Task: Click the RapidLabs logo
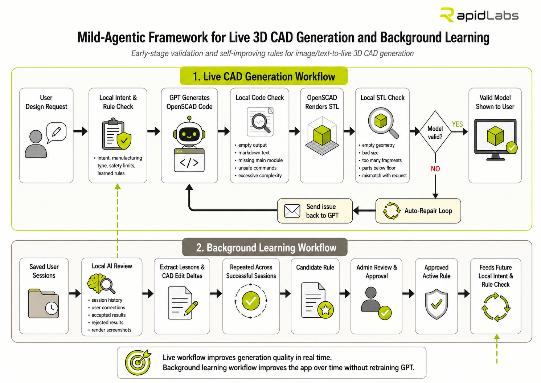479,15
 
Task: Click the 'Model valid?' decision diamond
435,132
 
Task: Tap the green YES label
457,124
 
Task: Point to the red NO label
435,169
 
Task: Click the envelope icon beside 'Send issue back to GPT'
292,211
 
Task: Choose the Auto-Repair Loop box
418,211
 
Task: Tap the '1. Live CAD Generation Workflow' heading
264,76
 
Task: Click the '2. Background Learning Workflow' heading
265,248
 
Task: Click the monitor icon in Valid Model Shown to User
495,140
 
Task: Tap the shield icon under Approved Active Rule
436,304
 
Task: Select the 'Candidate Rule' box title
315,267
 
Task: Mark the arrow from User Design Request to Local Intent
81,131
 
